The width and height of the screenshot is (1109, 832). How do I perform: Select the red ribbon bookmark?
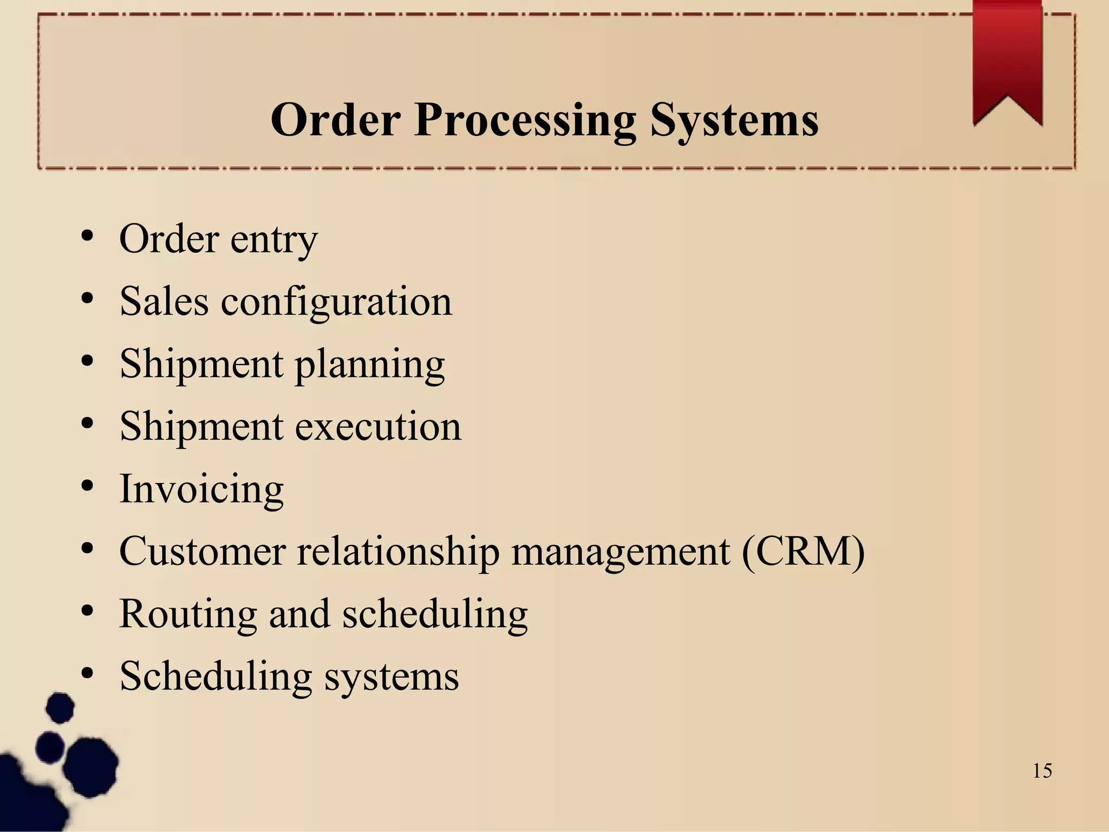(1007, 60)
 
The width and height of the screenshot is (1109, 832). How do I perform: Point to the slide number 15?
(1042, 771)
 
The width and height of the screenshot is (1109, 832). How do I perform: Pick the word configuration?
(336, 302)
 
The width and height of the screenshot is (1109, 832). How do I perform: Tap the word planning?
(370, 365)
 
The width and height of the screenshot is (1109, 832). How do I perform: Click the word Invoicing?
(201, 489)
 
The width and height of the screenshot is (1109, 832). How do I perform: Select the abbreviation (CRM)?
(804, 551)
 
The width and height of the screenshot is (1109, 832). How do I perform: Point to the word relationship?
(398, 551)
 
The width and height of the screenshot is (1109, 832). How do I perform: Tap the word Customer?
(202, 551)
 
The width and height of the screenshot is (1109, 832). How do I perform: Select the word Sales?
(164, 301)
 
